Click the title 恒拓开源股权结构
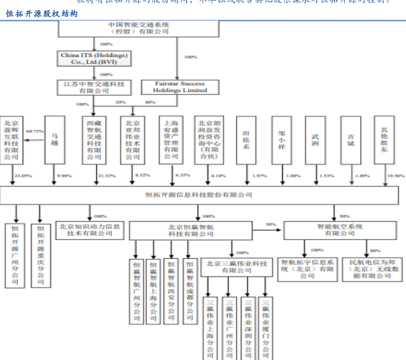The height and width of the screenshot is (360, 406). click(42, 14)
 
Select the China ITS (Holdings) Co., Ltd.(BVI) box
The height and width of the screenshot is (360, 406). click(94, 58)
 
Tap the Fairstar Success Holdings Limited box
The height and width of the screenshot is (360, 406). click(180, 87)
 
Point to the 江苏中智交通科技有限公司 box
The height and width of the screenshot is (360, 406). click(93, 87)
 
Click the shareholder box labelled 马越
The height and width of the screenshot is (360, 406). click(55, 139)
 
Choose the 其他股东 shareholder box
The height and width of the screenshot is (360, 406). click(384, 139)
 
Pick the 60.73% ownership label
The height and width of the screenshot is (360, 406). click(35, 131)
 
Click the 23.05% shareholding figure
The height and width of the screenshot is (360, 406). click(23, 175)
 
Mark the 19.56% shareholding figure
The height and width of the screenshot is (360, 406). click(396, 175)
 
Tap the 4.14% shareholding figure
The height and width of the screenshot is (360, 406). click(219, 175)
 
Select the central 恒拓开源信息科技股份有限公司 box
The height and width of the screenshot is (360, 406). click(198, 195)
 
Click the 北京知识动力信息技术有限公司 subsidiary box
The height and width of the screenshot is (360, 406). click(90, 230)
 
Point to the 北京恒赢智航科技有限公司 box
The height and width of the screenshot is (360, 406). click(191, 231)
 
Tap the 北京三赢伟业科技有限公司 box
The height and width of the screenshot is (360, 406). click(236, 267)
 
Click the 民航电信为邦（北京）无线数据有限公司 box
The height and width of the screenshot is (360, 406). click(370, 268)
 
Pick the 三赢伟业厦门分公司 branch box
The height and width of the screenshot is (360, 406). click(266, 328)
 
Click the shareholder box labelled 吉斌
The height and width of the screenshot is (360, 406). click(350, 139)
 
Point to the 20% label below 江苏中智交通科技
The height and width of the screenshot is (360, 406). click(120, 102)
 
